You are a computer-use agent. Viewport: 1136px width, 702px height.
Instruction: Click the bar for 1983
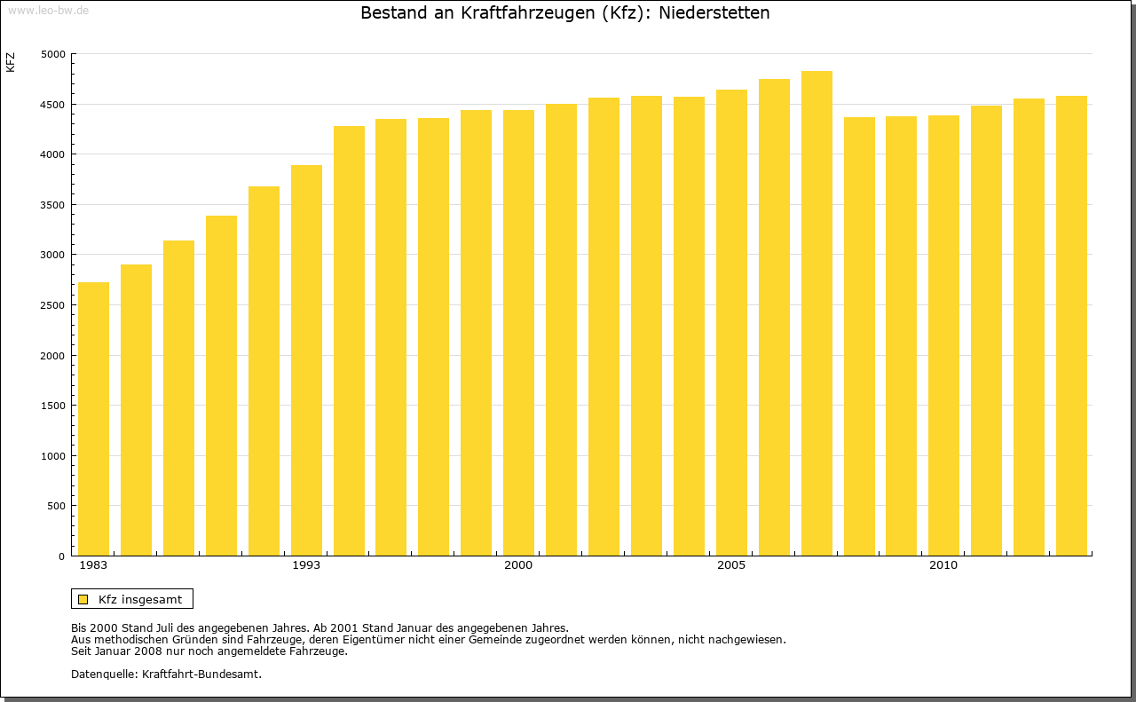[93, 419]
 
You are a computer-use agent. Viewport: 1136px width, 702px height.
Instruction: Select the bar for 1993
[306, 360]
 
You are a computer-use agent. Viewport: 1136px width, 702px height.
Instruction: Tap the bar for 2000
[518, 333]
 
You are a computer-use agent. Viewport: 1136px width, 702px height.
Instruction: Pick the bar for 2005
[731, 322]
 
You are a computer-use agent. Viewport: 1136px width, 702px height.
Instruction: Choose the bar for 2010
[943, 335]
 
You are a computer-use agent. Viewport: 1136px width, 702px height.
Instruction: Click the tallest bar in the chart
[816, 313]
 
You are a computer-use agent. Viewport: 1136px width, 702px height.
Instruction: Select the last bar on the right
[1071, 326]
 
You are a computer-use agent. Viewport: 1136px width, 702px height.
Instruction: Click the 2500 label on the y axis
[53, 305]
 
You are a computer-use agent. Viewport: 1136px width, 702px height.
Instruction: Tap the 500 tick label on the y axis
[56, 506]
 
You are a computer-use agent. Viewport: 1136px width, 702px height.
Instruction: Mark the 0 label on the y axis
[62, 556]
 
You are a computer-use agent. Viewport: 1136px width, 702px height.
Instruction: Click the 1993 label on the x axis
[306, 565]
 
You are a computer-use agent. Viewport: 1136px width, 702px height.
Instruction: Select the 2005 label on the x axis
[731, 565]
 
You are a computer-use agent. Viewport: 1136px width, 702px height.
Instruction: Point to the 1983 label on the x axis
[93, 565]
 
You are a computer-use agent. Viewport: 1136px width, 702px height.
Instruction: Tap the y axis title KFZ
[11, 62]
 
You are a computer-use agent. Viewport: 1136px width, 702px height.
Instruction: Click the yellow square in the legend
[83, 599]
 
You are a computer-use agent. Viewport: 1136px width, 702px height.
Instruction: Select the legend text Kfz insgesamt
[140, 599]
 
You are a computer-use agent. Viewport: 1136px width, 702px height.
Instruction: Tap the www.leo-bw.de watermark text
[47, 10]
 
